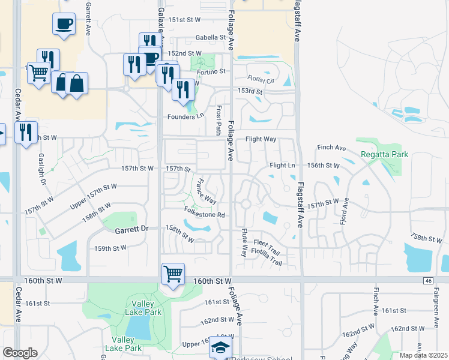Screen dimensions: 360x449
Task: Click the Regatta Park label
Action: [x=384, y=154]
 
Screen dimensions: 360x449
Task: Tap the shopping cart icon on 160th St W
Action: [x=173, y=274]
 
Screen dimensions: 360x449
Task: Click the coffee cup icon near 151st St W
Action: [x=64, y=24]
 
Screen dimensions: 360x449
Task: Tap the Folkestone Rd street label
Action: [x=204, y=214]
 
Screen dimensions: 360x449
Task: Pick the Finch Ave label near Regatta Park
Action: [x=332, y=148]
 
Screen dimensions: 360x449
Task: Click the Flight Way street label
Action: [x=261, y=139]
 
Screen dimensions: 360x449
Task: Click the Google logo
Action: [x=20, y=353]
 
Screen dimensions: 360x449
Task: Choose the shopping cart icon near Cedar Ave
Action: [x=39, y=73]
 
